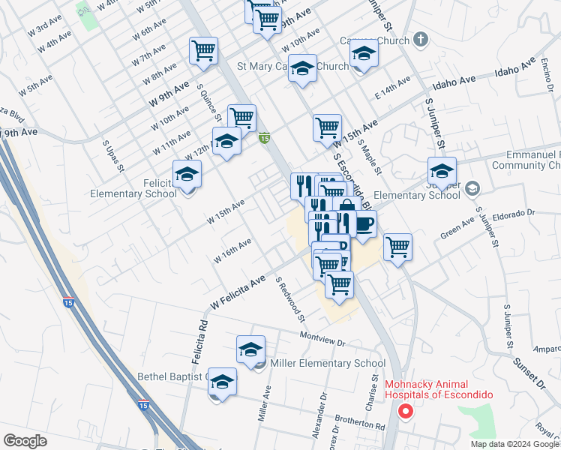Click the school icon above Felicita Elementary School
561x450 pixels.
pyautogui.click(x=187, y=175)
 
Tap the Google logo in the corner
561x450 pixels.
pyautogui.click(x=25, y=441)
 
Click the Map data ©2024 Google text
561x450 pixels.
pyautogui.click(x=515, y=444)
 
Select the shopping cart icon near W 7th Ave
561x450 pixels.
pyautogui.click(x=203, y=52)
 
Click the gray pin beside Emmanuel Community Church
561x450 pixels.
pyautogui.click(x=472, y=187)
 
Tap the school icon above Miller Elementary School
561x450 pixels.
pyautogui.click(x=250, y=350)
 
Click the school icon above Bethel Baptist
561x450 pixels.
pyautogui.click(x=222, y=382)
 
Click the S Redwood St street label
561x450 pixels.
pyautogui.click(x=290, y=299)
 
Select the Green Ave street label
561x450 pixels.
pyautogui.click(x=457, y=229)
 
